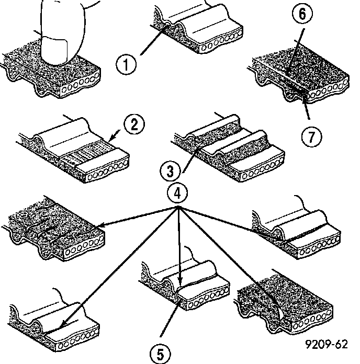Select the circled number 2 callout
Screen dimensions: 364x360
click(134, 124)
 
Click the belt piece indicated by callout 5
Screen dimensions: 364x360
click(188, 293)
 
